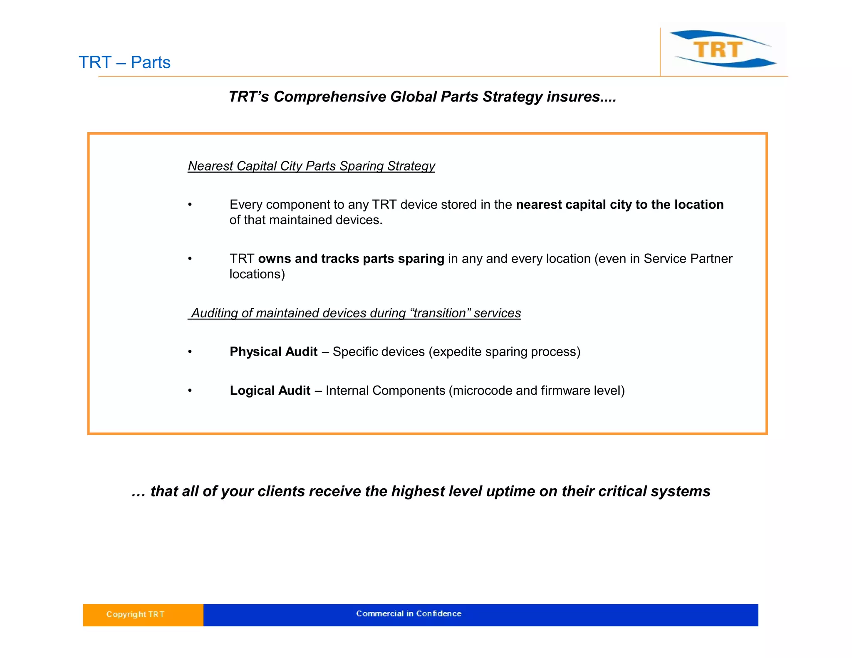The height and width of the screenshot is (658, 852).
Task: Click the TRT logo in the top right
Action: (x=722, y=49)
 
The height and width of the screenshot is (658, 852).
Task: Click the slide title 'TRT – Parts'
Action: (x=124, y=62)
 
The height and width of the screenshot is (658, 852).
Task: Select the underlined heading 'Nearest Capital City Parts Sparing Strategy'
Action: (x=311, y=166)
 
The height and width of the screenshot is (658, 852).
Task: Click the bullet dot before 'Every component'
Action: (x=190, y=205)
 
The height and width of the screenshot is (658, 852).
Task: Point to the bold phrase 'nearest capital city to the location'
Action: (x=619, y=205)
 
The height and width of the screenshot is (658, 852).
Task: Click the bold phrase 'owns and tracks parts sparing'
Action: (x=351, y=259)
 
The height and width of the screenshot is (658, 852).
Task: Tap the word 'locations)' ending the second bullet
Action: (x=257, y=274)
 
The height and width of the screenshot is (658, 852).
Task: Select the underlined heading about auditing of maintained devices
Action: (x=354, y=313)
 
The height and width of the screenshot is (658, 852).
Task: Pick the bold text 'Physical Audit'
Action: (x=273, y=352)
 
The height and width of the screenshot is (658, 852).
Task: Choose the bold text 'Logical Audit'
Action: (x=270, y=391)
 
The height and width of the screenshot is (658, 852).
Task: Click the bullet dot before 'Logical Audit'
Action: (x=190, y=391)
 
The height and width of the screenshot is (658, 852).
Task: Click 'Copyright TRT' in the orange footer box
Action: (x=135, y=614)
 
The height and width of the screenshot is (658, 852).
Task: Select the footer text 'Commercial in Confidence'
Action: (x=409, y=613)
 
